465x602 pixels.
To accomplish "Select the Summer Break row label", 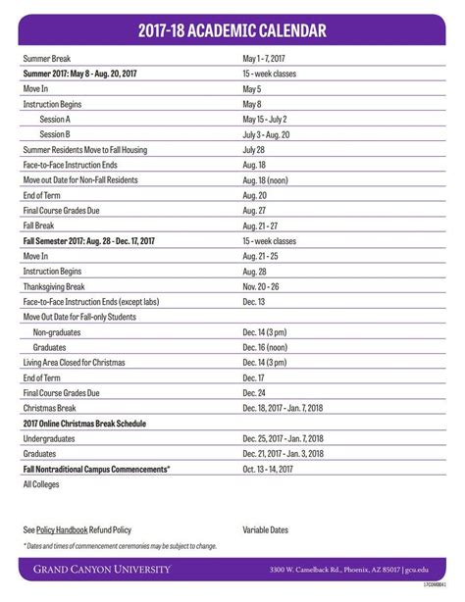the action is (47, 59).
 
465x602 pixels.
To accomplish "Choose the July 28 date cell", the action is (254, 149).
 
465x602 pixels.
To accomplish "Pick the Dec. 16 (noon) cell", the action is (266, 347).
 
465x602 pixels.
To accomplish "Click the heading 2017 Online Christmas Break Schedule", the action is (84, 424).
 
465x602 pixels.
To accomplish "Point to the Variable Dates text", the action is (266, 529).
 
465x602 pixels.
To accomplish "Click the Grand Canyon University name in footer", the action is (102, 569).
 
